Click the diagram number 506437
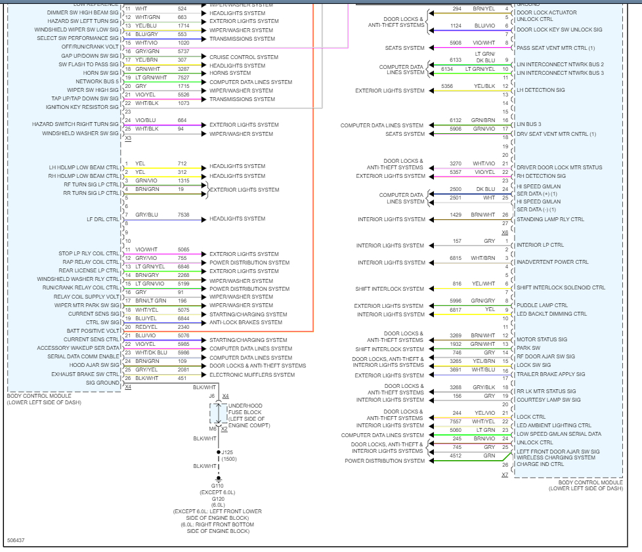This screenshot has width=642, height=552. pyautogui.click(x=16, y=540)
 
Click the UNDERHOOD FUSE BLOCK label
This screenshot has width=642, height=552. pyautogui.click(x=246, y=410)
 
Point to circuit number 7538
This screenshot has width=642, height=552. pyautogui.click(x=183, y=215)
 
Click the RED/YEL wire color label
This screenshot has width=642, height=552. pyautogui.click(x=146, y=326)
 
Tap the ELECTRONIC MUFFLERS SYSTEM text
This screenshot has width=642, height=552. pyautogui.click(x=252, y=375)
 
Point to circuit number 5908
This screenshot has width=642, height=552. pyautogui.click(x=456, y=43)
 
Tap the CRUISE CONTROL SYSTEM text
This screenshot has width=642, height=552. pyautogui.click(x=244, y=57)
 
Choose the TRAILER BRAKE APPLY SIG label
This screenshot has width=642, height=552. pyautogui.click(x=550, y=374)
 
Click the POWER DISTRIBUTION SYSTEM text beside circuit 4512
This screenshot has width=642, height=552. pyautogui.click(x=385, y=461)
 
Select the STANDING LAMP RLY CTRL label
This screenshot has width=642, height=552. pyautogui.click(x=550, y=219)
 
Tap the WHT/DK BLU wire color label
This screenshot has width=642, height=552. pyautogui.click(x=151, y=352)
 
